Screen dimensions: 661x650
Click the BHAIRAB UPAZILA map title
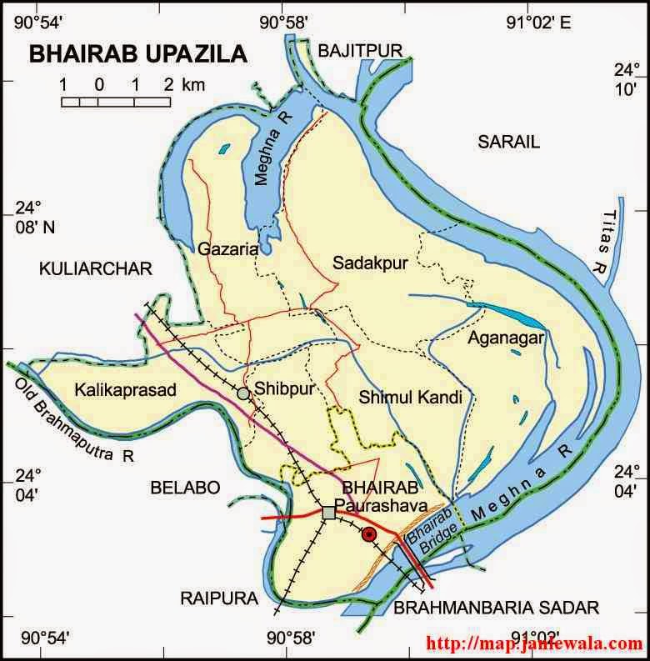138,55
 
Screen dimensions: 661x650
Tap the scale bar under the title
116,101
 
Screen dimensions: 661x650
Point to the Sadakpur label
370,263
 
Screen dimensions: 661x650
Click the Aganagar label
505,338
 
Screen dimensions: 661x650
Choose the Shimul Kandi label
410,398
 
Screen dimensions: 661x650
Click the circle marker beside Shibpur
242,393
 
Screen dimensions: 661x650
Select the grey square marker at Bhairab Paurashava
328,513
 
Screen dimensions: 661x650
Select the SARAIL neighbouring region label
508,143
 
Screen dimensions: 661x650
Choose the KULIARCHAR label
96,268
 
